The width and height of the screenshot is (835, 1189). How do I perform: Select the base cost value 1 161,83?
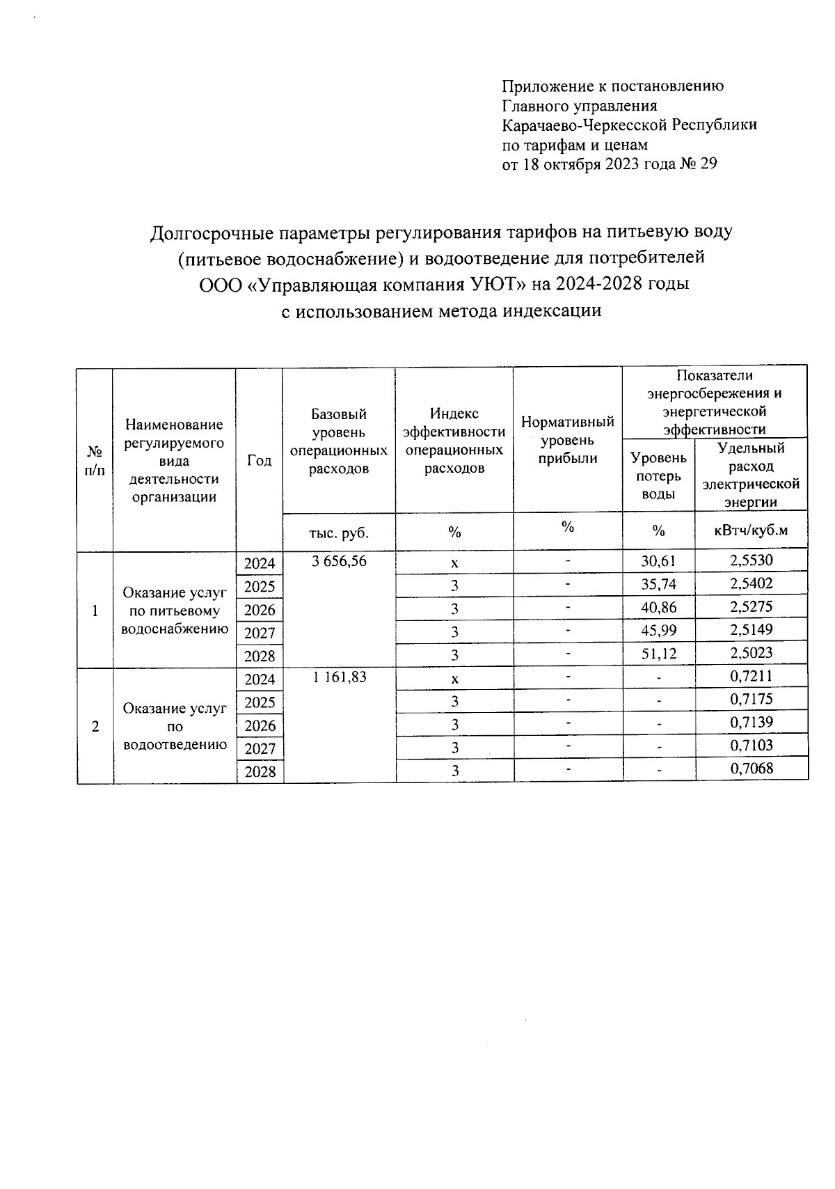click(x=339, y=677)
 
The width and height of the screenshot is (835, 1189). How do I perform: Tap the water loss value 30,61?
click(x=658, y=561)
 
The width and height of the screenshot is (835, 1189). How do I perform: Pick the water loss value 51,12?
click(x=658, y=654)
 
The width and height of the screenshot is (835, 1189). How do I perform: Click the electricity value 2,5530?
click(x=751, y=560)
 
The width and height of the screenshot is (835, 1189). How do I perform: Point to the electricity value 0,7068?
click(x=751, y=769)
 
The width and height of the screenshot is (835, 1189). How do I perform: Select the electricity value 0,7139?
click(x=751, y=723)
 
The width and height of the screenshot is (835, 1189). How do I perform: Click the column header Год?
click(x=259, y=461)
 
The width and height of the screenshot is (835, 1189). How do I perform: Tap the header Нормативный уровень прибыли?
click(x=567, y=440)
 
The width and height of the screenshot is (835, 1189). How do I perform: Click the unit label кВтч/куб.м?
click(x=751, y=530)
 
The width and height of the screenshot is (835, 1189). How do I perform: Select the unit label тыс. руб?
click(x=338, y=533)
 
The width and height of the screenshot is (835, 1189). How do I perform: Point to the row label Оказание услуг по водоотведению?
click(x=175, y=726)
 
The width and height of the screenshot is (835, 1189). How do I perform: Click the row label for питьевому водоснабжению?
click(x=175, y=611)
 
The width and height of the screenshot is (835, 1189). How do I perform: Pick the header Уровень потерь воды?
click(x=658, y=475)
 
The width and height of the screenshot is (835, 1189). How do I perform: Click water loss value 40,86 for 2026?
click(x=658, y=607)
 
